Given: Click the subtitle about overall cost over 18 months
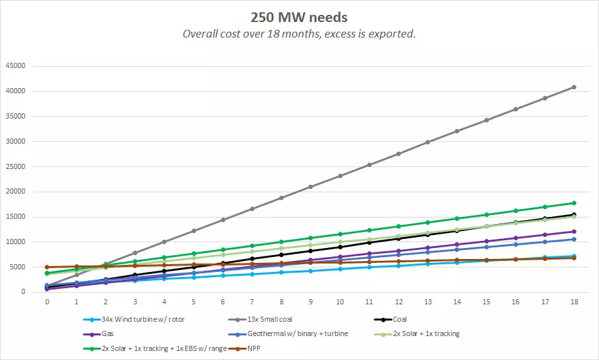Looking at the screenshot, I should point(299,34).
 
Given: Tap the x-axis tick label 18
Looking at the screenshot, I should point(573,302).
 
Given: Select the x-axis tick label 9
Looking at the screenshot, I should point(310,302).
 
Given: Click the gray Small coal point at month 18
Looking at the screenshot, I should point(573,87).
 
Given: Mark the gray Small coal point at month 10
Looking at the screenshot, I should point(339,175).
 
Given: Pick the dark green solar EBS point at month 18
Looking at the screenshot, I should point(573,203).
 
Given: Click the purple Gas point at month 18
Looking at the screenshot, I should point(573,231).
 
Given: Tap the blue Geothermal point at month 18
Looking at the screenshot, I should point(573,239).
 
